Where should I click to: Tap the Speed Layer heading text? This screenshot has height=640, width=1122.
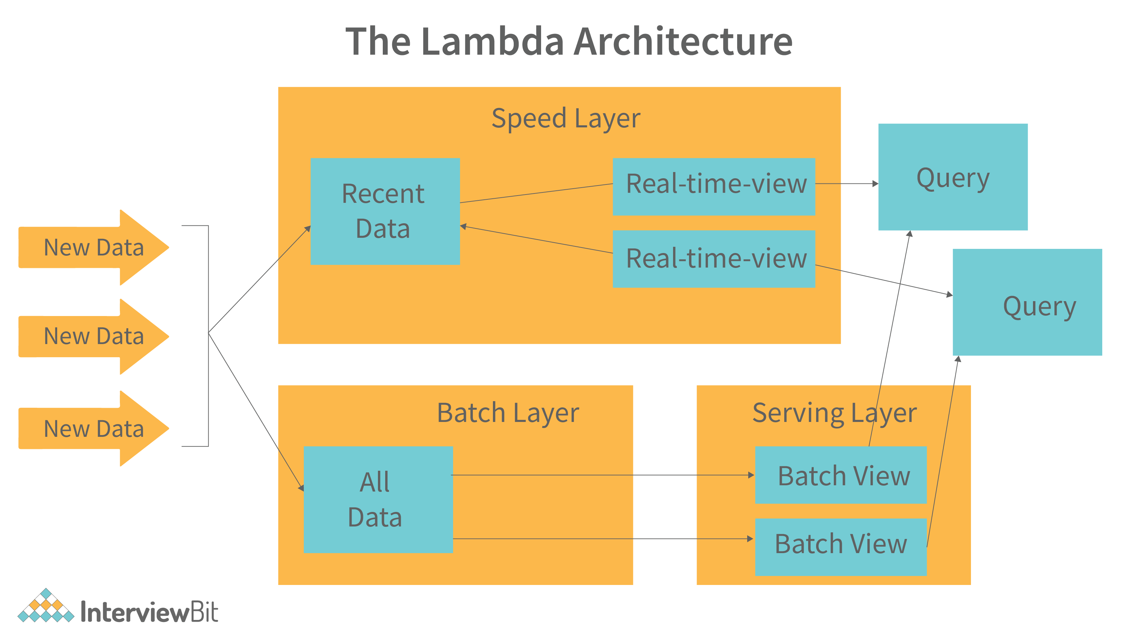tap(566, 118)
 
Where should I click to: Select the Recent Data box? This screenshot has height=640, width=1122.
tap(385, 211)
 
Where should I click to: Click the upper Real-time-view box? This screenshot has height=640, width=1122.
tap(713, 186)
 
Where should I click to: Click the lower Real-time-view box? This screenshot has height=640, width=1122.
tap(713, 259)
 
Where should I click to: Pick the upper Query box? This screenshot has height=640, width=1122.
tap(952, 177)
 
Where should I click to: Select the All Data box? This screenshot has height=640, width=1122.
tap(378, 499)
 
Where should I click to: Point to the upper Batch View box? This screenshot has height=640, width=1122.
tap(840, 475)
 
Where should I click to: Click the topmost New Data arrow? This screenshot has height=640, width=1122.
tap(93, 247)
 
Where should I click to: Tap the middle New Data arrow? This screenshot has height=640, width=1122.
tap(93, 336)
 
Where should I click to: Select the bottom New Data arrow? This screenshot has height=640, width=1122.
tap(93, 429)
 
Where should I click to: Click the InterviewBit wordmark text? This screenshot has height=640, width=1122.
tap(150, 612)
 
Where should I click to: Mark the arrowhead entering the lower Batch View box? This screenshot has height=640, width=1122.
tap(750, 539)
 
